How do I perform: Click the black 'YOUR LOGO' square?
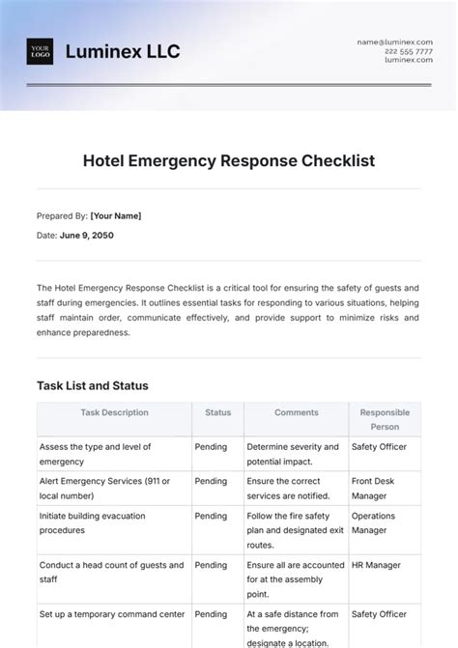(40, 51)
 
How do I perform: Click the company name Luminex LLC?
(122, 51)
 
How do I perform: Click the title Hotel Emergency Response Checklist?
(229, 160)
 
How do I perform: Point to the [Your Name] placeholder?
(116, 216)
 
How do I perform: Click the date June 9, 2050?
(87, 235)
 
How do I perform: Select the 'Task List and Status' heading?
(93, 385)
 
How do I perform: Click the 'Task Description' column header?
(114, 412)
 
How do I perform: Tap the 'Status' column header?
(217, 412)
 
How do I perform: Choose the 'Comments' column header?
(296, 412)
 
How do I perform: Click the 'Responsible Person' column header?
(385, 419)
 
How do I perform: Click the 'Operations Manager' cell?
(373, 522)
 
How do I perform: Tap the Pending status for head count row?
(211, 565)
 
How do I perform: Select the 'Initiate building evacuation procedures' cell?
(92, 522)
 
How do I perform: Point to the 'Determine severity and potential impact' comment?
(293, 454)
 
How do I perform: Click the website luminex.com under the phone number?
(408, 60)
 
